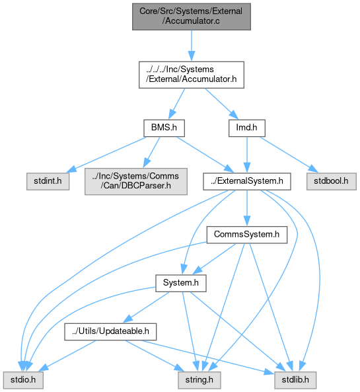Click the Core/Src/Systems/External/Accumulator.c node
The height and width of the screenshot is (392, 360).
[x=192, y=17]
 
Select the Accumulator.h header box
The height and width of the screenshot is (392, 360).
[x=192, y=75]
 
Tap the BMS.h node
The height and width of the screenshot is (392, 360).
[x=164, y=128]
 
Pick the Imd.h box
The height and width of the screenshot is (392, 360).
[x=247, y=128]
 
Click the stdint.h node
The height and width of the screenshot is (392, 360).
[x=48, y=181]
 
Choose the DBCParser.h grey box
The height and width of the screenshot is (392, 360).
[x=136, y=181]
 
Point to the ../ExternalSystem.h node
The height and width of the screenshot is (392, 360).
[x=247, y=181]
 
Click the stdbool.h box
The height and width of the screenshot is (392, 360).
[x=332, y=181]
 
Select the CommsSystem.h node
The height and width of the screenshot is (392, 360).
[x=247, y=235]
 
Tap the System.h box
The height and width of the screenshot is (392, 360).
[x=181, y=283]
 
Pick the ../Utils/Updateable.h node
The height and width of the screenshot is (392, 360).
[x=110, y=331]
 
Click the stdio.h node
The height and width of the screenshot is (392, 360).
[x=23, y=380]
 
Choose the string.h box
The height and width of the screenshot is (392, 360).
[x=199, y=380]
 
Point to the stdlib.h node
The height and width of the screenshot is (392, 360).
[x=295, y=380]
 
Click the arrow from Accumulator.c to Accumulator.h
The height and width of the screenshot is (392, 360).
[x=192, y=46]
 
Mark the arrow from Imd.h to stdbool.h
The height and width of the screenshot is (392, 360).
[x=289, y=155]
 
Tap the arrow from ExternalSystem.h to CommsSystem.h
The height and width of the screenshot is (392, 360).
[x=247, y=208]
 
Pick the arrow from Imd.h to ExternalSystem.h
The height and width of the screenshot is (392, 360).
[x=247, y=155]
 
